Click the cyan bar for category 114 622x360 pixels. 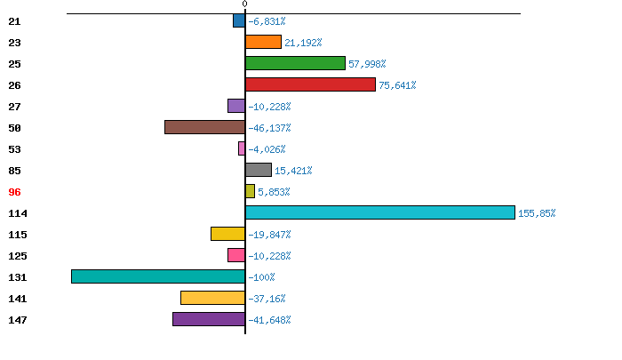[x=379, y=212]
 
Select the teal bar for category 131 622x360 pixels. [x=158, y=276]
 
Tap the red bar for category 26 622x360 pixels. [x=310, y=84]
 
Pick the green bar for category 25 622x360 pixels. [x=295, y=63]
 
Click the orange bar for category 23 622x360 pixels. [x=263, y=42]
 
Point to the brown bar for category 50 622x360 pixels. [x=204, y=127]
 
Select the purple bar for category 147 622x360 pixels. [x=209, y=319]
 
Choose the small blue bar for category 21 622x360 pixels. [x=239, y=20]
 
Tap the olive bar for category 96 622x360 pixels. [x=250, y=191]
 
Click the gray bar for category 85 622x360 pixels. [x=259, y=170]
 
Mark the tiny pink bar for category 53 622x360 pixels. [x=242, y=148]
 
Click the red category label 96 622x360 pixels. [x=14, y=192]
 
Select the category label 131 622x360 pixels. [x=18, y=277]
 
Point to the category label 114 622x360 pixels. [x=18, y=213]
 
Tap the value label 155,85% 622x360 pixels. [x=537, y=213]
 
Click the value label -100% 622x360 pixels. [x=261, y=277]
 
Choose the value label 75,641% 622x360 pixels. [x=397, y=85]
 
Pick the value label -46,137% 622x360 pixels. [x=269, y=128]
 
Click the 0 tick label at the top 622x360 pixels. [x=244, y=4]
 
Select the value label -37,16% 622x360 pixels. [x=267, y=299]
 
